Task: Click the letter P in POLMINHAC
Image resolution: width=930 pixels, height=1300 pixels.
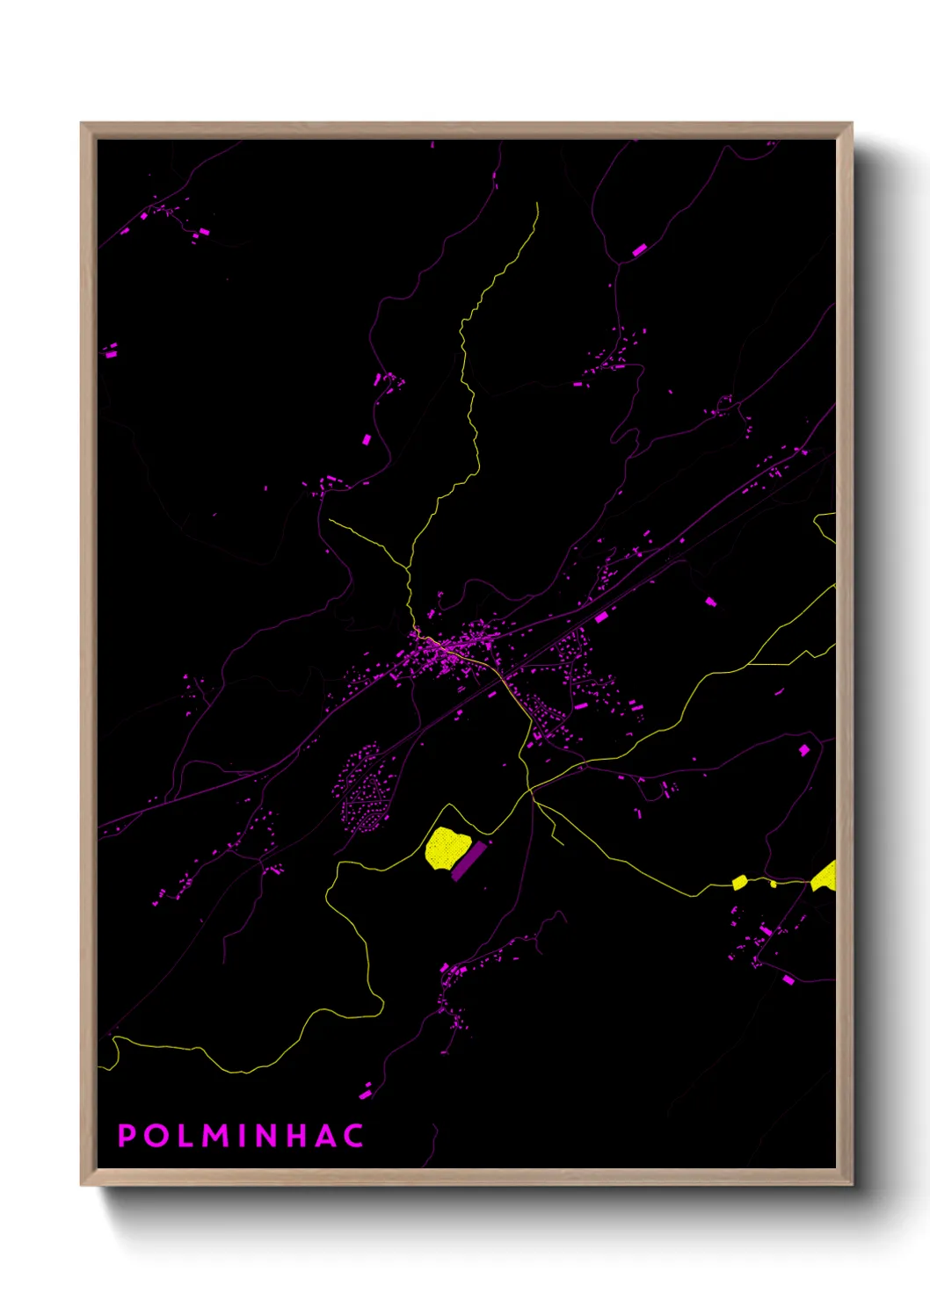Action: coord(127,1136)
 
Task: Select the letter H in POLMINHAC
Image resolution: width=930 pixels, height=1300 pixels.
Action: coord(294,1136)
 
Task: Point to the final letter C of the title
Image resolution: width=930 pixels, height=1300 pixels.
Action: coord(353,1136)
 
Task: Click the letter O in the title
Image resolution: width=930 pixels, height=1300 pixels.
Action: coord(156,1136)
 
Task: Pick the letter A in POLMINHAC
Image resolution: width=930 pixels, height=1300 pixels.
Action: coord(323,1136)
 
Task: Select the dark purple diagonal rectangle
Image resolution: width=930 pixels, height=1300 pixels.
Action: coord(469,861)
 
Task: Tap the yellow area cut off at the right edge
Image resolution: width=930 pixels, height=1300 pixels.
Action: coord(825,877)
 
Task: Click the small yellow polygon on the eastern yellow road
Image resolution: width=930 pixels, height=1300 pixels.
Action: coord(739,882)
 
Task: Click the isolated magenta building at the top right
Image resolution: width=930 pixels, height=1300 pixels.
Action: coord(639,250)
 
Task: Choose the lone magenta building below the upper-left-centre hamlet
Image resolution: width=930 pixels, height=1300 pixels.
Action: coord(367,439)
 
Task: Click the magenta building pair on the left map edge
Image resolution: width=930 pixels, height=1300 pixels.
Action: coord(111,351)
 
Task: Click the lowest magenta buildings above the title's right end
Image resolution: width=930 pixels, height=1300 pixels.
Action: coord(365,1094)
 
